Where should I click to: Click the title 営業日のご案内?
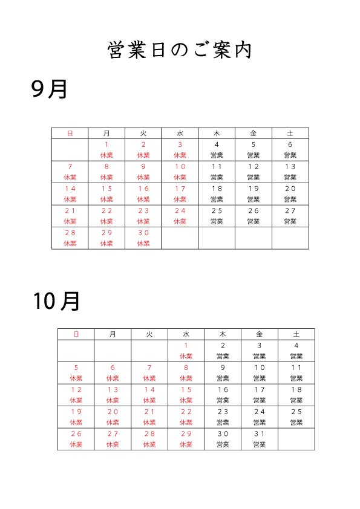click(x=180, y=50)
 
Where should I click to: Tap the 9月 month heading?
click(x=49, y=89)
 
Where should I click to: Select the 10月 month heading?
click(x=56, y=301)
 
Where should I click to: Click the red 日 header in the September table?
click(x=70, y=134)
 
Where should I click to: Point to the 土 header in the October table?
click(x=296, y=334)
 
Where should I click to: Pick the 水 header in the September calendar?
click(x=180, y=134)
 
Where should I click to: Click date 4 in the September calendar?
click(x=217, y=144)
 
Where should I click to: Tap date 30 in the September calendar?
click(x=143, y=233)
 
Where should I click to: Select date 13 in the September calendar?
click(x=290, y=166)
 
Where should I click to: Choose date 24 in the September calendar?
click(x=180, y=211)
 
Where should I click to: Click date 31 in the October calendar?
click(x=260, y=433)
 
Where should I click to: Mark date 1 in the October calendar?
click(x=186, y=345)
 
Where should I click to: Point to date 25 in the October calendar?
click(x=296, y=412)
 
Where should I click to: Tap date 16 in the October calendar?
click(x=223, y=389)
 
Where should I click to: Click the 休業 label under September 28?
click(x=70, y=244)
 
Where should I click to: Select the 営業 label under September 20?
click(x=290, y=199)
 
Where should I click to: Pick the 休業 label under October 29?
click(x=186, y=444)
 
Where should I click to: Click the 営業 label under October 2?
click(x=223, y=356)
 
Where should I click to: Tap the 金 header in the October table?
click(x=260, y=334)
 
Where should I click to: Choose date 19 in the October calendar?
click(x=76, y=412)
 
